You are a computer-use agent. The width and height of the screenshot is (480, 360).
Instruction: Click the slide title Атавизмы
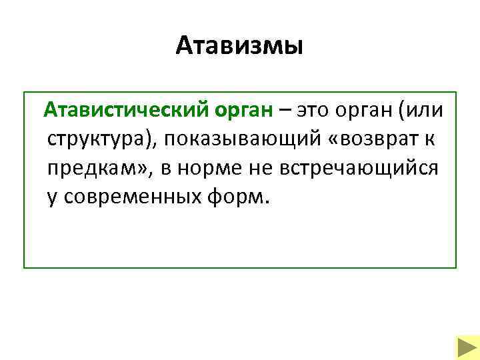coord(240,46)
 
